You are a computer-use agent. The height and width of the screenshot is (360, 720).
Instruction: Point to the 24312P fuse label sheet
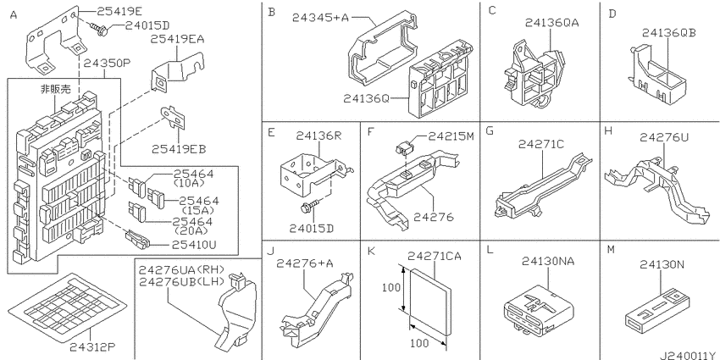[69, 307]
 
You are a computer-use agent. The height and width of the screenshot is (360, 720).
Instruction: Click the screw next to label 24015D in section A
[100, 30]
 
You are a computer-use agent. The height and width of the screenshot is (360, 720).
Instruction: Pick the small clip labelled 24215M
[403, 147]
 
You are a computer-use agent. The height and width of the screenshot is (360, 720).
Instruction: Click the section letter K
[372, 251]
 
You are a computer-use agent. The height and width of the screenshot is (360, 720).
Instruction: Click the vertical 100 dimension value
[390, 288]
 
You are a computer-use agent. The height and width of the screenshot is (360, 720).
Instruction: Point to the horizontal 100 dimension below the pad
[418, 342]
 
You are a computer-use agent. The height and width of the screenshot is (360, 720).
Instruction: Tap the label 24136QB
[669, 32]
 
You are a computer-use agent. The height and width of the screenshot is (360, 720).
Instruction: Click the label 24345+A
[321, 18]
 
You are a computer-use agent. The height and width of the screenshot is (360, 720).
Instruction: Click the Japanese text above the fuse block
[56, 89]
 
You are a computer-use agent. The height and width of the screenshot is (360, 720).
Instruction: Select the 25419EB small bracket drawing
[173, 117]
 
